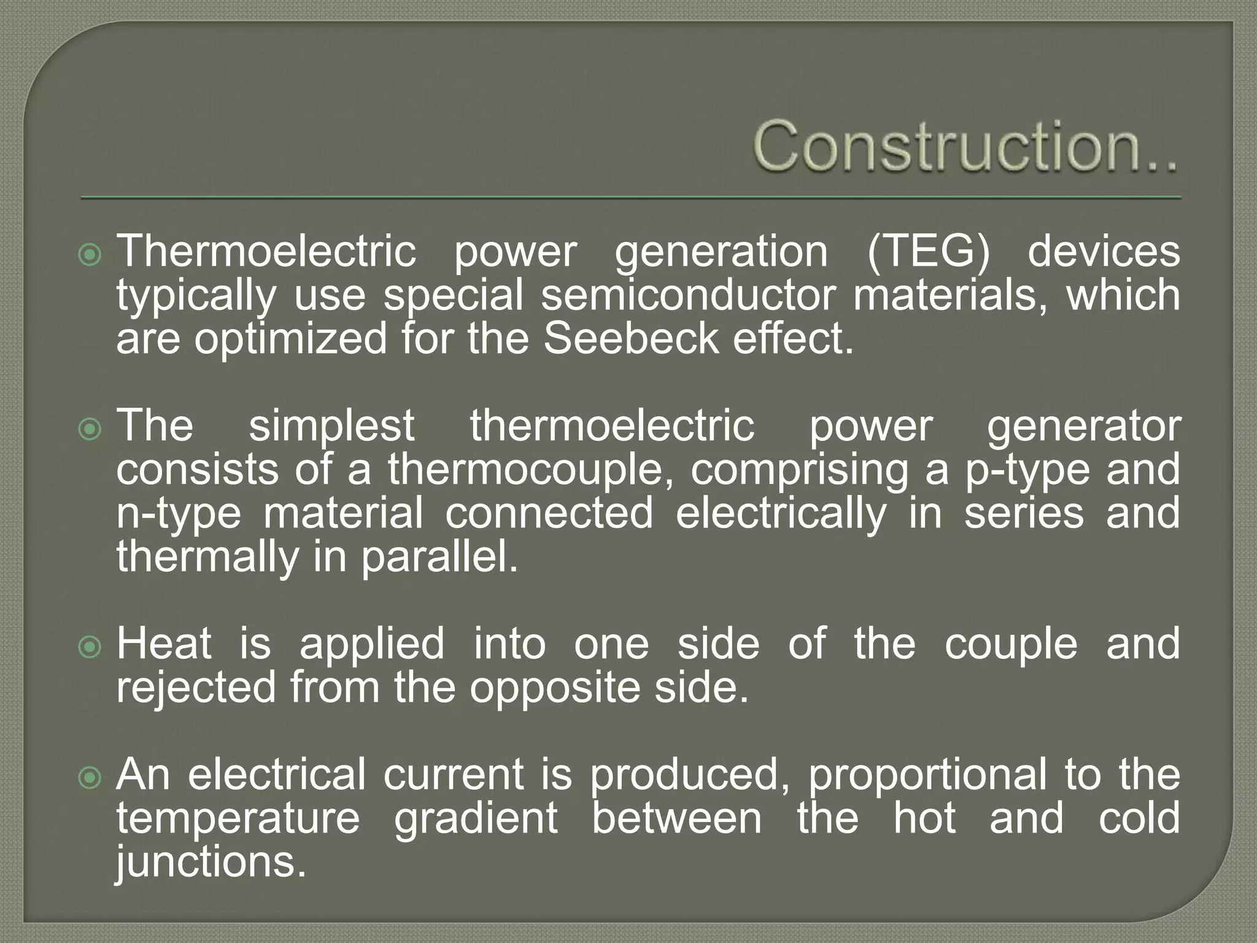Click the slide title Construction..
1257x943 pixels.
point(965,146)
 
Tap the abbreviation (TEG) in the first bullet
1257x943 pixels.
point(928,251)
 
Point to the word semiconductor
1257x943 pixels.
point(688,295)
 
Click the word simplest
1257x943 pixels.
point(331,425)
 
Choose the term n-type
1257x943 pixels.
point(179,514)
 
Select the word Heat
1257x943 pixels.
point(164,644)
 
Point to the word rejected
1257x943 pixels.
point(196,687)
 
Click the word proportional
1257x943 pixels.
point(927,775)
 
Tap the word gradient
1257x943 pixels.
point(476,818)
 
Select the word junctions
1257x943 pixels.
point(211,863)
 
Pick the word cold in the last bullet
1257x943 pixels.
point(1139,818)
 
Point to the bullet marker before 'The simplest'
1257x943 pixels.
point(90,428)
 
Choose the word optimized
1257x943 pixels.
point(290,340)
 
